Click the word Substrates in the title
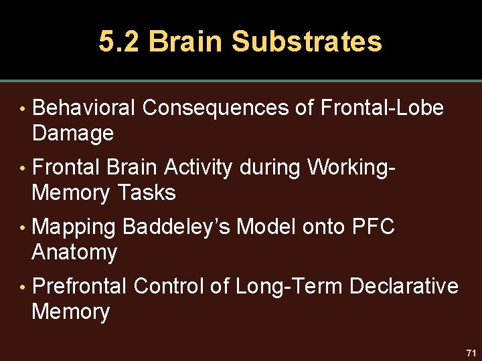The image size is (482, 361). [307, 41]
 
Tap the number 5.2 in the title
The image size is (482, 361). [119, 41]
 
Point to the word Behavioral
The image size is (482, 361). [84, 108]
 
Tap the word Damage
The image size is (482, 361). [72, 133]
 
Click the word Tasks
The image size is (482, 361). [146, 193]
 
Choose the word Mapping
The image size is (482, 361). [74, 227]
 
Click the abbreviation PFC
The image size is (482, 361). [373, 227]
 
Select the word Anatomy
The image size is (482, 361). [74, 253]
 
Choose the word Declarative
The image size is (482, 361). [404, 286]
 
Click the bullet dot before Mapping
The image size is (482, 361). [22, 227]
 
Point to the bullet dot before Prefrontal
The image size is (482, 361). [22, 287]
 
